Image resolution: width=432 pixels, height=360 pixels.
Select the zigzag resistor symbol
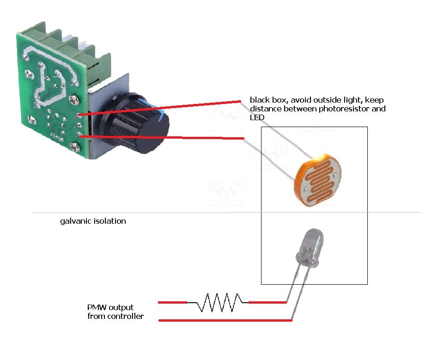218,303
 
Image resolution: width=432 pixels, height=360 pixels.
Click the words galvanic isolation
93,221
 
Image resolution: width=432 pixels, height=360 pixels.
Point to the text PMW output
110,307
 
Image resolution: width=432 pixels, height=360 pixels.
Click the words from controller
116,317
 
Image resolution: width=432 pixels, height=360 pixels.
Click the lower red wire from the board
162,137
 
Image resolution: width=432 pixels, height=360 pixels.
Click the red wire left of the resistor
172,303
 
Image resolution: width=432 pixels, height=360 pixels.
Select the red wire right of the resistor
268,303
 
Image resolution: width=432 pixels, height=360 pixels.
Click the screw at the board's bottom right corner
74,147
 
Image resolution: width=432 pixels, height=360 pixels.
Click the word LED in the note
256,118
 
